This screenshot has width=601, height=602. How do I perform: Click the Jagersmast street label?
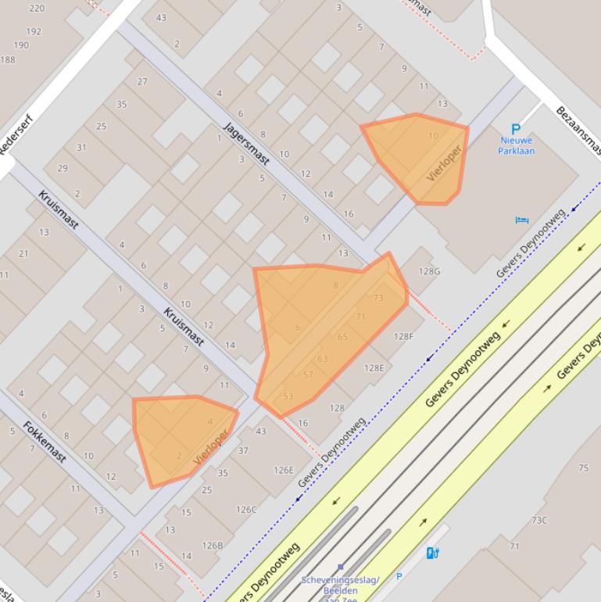[x=246, y=144]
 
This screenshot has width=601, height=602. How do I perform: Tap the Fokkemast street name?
[x=45, y=442]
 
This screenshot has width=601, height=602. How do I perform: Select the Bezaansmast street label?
[x=578, y=130]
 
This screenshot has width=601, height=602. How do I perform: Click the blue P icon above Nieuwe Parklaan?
[x=515, y=129]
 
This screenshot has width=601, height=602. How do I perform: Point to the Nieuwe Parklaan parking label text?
[x=516, y=145]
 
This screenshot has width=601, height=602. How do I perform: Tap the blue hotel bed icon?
[x=522, y=220]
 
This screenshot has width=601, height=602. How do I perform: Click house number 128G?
[x=429, y=271]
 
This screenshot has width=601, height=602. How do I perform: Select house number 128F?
[x=403, y=337]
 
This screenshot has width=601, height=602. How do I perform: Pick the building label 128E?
[x=374, y=368]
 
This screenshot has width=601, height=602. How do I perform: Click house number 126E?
[x=284, y=471]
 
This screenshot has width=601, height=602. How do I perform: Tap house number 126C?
[x=246, y=510]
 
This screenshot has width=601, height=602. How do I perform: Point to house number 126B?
[x=213, y=546]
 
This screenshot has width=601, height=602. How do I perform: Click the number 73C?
[x=539, y=520]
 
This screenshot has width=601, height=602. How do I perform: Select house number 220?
[x=36, y=9]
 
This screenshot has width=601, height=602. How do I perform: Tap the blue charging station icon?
[x=433, y=554]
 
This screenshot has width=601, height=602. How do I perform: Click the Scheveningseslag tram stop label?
[x=340, y=585]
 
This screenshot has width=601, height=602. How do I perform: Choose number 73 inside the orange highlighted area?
[x=379, y=298]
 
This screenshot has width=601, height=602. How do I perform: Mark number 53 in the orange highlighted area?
[x=288, y=396]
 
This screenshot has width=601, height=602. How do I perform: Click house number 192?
[x=33, y=32]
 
